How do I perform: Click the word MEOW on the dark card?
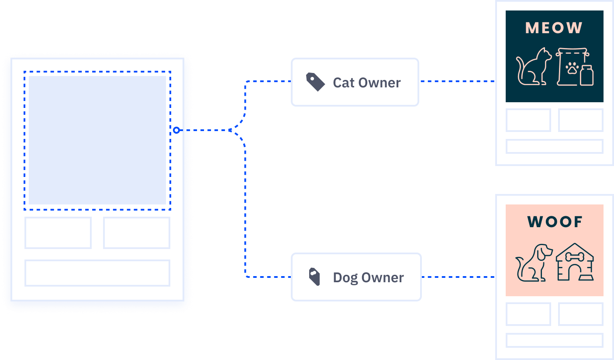coord(554,28)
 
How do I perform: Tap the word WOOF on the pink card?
coord(555,222)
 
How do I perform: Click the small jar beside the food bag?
coord(587,76)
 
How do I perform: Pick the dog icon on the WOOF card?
coord(534,263)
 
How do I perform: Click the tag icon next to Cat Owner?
coord(315,82)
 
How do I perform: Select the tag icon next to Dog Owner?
coord(314,277)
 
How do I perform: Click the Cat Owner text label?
coord(367,83)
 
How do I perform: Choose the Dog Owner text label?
coord(369,278)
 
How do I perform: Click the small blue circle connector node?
coord(176,130)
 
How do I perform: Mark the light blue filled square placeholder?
coord(97,140)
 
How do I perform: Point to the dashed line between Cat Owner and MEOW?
coord(457,81)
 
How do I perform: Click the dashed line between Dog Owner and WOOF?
coord(458,277)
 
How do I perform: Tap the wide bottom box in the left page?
coord(97,273)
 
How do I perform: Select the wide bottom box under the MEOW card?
coord(555,146)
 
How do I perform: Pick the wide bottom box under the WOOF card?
coord(555,340)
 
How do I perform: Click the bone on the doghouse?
coord(575,257)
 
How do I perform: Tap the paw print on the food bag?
coord(573,68)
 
